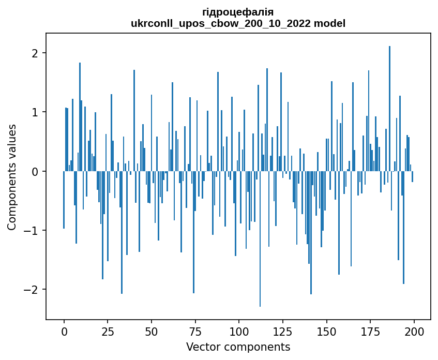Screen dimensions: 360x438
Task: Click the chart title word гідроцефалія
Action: point(238,12)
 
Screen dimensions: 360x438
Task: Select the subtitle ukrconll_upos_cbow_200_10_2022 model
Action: point(238,23)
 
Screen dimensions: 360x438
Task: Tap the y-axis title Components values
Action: point(12,177)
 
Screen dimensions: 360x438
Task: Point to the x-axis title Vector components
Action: point(238,347)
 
